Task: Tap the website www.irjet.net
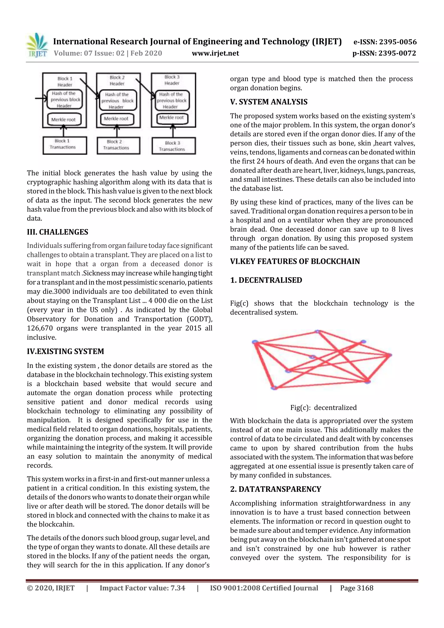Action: (215, 53)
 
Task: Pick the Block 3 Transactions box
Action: (173, 146)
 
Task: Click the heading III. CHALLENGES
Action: (57, 232)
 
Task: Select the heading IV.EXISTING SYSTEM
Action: (65, 351)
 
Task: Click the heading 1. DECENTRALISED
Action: (266, 280)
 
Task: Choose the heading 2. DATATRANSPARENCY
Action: (276, 489)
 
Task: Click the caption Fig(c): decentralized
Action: (323, 408)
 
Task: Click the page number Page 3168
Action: (356, 588)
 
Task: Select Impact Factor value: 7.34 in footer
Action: (142, 588)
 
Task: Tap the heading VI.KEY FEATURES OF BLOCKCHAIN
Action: (295, 261)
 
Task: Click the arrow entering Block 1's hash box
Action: (41, 98)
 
